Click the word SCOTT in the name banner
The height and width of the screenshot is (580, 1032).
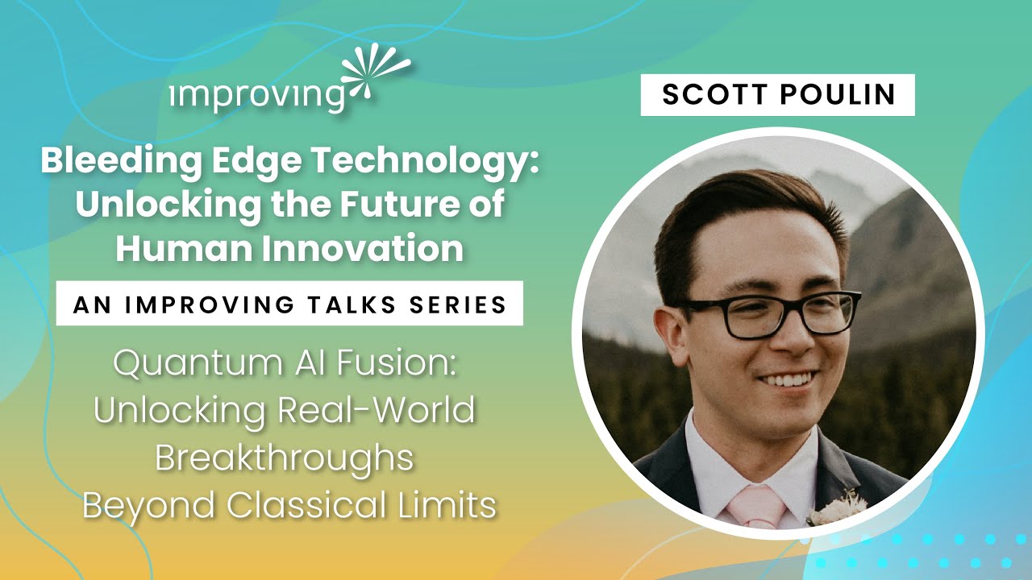(x=707, y=95)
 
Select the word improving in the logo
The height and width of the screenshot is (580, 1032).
(x=258, y=96)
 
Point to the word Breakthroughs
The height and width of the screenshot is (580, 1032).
(x=284, y=458)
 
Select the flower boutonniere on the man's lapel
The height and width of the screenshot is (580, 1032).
(x=839, y=507)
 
